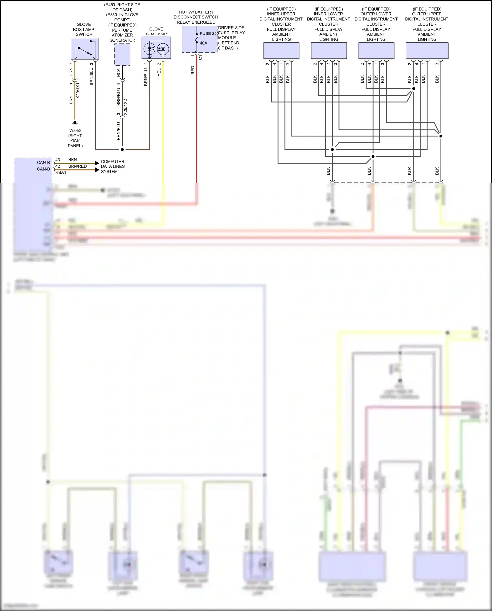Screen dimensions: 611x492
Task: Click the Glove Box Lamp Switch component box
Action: point(85,49)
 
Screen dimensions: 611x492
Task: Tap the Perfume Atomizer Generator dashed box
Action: point(122,55)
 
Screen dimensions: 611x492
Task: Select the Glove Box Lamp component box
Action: point(156,48)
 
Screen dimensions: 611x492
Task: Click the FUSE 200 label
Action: point(209,33)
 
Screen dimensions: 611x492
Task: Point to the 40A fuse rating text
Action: point(203,43)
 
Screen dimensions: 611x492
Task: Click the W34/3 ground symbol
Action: point(75,123)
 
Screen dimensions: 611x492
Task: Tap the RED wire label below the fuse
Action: point(193,70)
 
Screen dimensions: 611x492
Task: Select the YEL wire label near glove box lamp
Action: point(159,73)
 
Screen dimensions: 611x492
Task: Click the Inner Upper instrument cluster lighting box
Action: point(281,51)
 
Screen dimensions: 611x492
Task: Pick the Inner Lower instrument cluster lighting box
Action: point(329,51)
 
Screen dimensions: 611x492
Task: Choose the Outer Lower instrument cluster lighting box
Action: point(376,51)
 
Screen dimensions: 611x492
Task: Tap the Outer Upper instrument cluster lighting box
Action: point(427,51)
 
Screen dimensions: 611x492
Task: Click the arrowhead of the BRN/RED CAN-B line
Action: point(97,170)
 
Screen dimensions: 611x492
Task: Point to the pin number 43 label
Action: point(58,160)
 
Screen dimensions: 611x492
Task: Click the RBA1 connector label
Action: point(61,173)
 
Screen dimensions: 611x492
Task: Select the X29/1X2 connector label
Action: point(125,107)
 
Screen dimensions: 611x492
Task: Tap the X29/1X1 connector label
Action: point(78,91)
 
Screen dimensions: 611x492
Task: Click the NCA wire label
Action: point(119,73)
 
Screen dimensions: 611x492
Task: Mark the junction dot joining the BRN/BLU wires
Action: point(122,150)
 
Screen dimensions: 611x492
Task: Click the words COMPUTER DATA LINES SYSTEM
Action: point(113,166)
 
